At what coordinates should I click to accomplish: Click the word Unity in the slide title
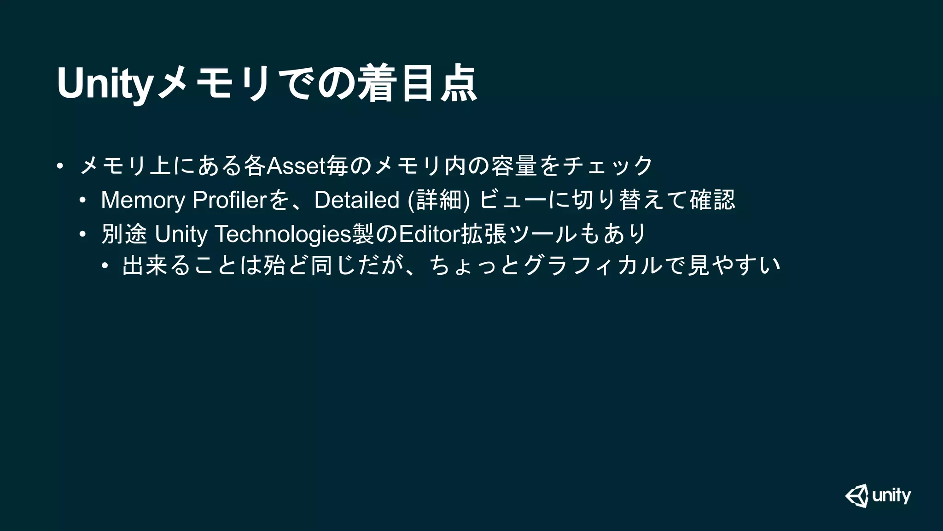point(104,84)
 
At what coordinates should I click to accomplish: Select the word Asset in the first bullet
point(296,166)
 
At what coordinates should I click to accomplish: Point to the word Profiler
point(229,200)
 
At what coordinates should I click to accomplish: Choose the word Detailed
point(356,200)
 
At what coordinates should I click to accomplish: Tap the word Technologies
point(282,234)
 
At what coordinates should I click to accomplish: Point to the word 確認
point(712,200)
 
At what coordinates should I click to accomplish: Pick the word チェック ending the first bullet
point(608,166)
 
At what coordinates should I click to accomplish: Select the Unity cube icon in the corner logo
point(857,496)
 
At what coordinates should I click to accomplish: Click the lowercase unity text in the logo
point(891,496)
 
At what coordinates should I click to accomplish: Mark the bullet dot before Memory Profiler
point(82,200)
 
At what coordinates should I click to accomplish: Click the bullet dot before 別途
point(82,234)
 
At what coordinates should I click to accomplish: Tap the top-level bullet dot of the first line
point(59,166)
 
